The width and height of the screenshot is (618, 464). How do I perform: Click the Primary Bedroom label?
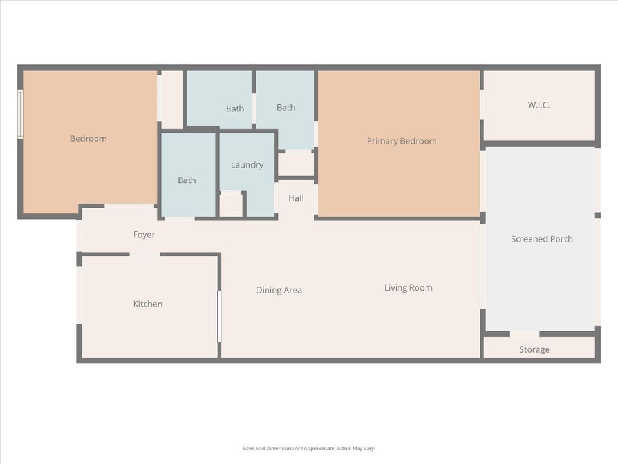click(402, 141)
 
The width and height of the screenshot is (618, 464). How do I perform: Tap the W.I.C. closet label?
click(539, 105)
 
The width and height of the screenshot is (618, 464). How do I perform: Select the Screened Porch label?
click(541, 239)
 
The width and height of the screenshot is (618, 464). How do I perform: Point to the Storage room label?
click(534, 349)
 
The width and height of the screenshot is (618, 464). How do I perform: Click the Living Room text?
click(408, 288)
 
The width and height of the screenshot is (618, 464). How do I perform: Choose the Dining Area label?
click(279, 290)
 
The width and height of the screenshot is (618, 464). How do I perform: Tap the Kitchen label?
click(147, 304)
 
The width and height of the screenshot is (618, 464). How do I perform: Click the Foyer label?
click(144, 235)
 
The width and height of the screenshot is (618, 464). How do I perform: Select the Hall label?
click(296, 198)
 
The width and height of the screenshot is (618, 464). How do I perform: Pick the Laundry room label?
click(247, 165)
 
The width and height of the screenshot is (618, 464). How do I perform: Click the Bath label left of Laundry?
click(187, 180)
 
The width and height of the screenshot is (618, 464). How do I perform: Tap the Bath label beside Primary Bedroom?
click(286, 108)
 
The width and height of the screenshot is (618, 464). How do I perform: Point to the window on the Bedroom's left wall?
click(21, 113)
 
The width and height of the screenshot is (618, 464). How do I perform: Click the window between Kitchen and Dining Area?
click(219, 316)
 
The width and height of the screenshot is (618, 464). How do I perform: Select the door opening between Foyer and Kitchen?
click(145, 255)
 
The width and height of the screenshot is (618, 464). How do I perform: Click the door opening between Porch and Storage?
click(525, 334)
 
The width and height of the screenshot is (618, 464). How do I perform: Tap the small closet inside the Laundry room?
click(230, 205)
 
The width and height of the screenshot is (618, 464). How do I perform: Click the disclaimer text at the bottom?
click(308, 449)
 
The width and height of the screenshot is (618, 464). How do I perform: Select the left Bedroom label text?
click(88, 139)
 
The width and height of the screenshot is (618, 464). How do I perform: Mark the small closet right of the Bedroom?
click(171, 99)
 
